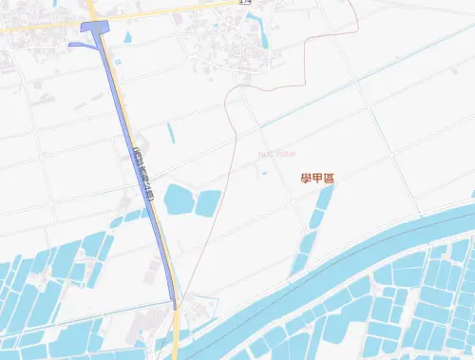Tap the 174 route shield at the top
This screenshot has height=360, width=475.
[245, 3]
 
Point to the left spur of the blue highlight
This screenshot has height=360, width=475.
[78, 43]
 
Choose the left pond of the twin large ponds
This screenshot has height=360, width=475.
[178, 200]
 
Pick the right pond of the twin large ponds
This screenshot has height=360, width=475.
[208, 201]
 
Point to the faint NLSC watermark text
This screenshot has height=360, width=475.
[276, 153]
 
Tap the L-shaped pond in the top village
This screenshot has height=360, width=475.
[259, 39]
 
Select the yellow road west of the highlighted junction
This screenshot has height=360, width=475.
[38, 27]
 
